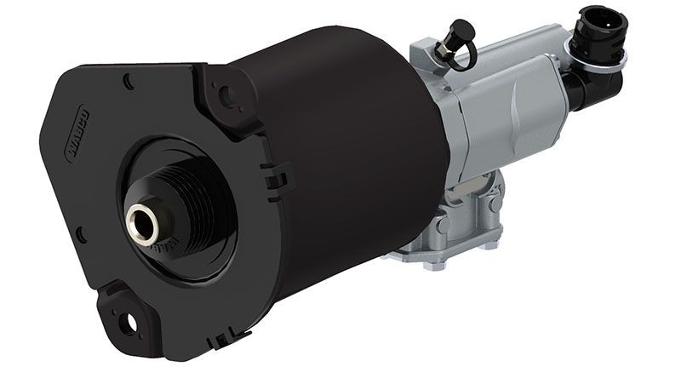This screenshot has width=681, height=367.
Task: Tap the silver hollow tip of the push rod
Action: point(140,224)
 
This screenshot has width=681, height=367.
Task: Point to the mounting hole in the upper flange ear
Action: point(226,95)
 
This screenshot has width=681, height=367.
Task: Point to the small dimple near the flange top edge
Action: point(127,81)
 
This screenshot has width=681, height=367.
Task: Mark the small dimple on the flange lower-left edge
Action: point(80,232)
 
